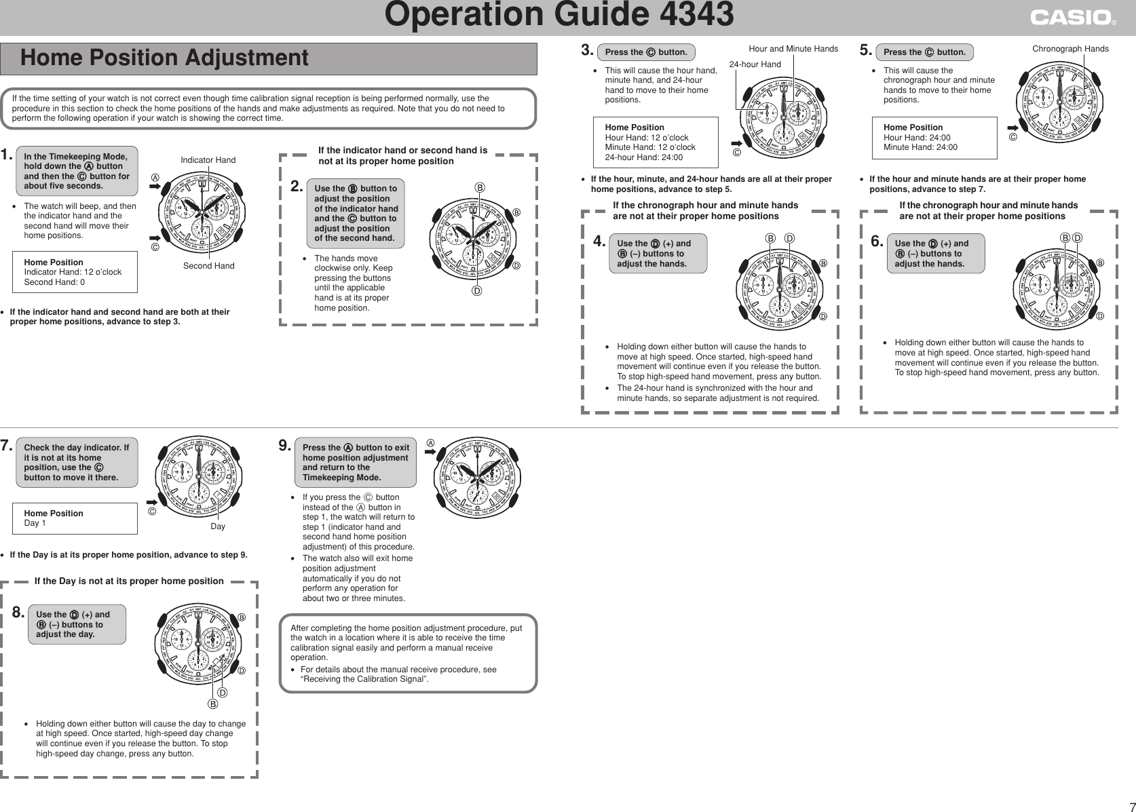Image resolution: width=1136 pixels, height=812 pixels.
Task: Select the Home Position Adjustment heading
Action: [164, 58]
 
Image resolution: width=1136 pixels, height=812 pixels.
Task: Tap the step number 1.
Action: [7, 155]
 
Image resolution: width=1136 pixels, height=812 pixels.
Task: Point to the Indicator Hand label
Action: [208, 160]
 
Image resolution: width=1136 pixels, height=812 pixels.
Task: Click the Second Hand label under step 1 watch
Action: [208, 266]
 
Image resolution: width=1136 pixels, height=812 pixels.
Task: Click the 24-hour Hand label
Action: [755, 64]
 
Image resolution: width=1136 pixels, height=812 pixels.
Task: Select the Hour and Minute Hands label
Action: [793, 49]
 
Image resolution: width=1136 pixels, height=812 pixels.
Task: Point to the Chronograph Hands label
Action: [1070, 49]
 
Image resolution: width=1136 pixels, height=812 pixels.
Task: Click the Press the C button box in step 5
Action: [924, 52]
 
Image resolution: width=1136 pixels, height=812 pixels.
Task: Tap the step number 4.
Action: [599, 241]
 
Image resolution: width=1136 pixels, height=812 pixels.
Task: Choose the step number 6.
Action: [877, 241]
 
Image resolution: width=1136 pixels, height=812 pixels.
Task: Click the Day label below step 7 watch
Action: [218, 526]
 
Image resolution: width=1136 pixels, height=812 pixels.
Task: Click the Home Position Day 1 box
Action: [75, 518]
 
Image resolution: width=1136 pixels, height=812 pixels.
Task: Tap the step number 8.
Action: [19, 613]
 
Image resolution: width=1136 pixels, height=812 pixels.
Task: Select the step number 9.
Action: [285, 446]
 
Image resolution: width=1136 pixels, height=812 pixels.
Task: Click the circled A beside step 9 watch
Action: [430, 443]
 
